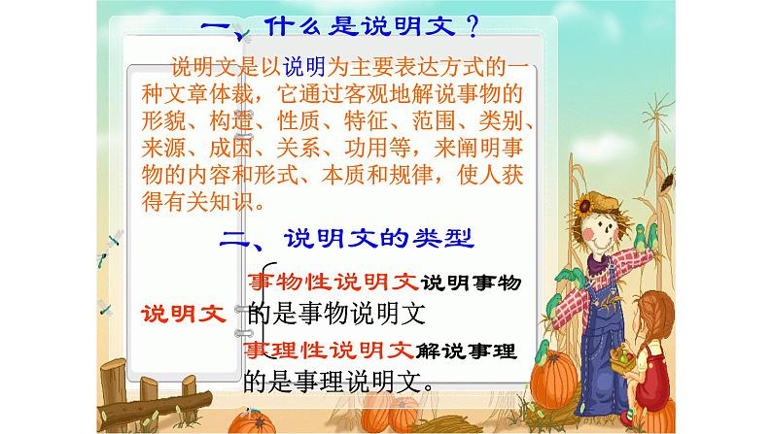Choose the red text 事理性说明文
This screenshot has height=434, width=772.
point(331,350)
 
